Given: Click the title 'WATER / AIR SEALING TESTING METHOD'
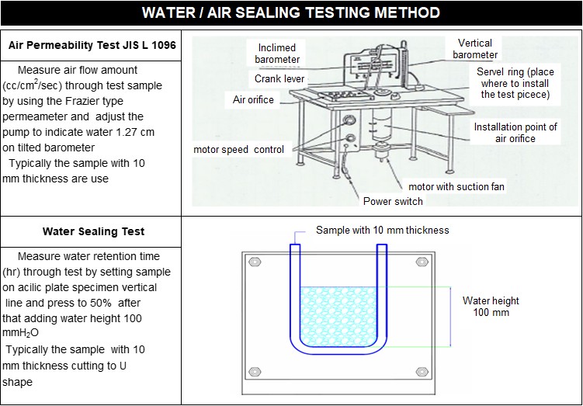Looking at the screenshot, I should coord(291,13).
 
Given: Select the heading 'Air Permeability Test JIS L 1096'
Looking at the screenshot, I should coord(92,46).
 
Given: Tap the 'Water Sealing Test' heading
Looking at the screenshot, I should coord(93,231).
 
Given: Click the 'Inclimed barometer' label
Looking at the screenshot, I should coord(278,54).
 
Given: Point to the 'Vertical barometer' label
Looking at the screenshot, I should coord(475,49).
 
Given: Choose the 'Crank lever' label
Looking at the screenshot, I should coord(279,79).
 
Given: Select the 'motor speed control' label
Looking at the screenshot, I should coord(239,149).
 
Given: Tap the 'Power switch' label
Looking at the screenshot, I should coord(393,201).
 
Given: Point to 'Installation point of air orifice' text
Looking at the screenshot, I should coord(515,133).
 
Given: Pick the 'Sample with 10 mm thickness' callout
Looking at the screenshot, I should coord(382,231).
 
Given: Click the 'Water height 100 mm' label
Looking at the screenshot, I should coord(491,307).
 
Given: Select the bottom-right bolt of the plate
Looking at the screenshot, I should coord(422,370).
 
